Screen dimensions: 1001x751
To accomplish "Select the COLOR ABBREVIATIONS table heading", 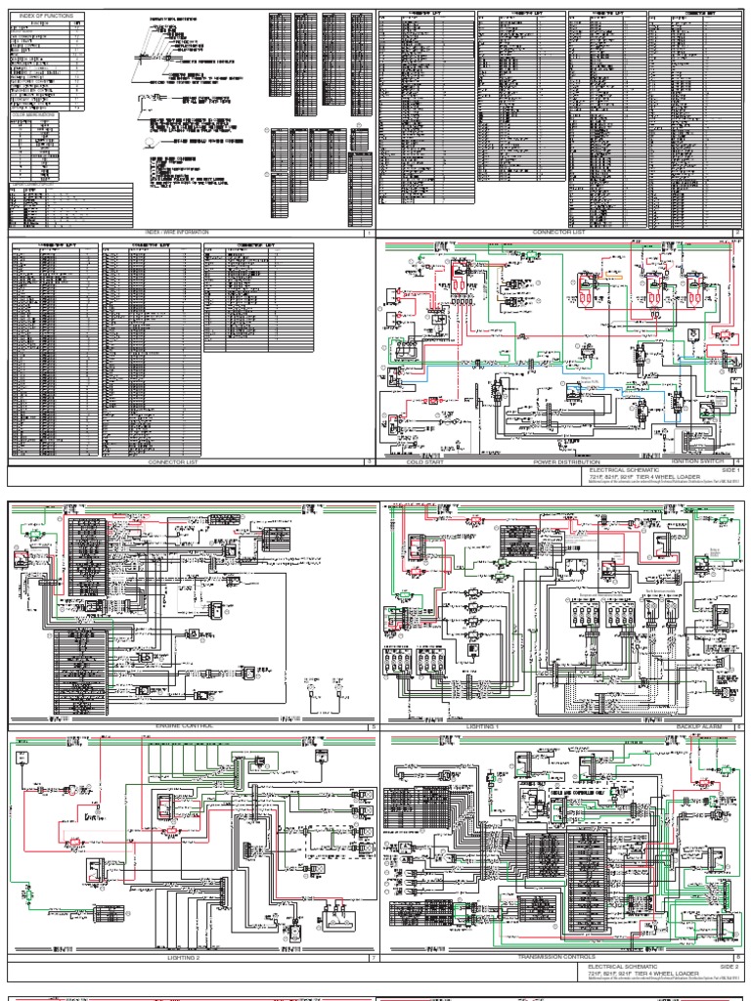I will pos(33,115).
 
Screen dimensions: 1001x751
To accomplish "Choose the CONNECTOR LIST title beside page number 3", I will pos(172,461).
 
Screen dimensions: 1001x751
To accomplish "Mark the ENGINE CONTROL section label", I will pos(184,726).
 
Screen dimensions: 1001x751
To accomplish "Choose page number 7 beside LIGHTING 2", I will pos(372,958).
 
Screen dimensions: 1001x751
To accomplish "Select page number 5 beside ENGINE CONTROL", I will pos(372,726).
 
